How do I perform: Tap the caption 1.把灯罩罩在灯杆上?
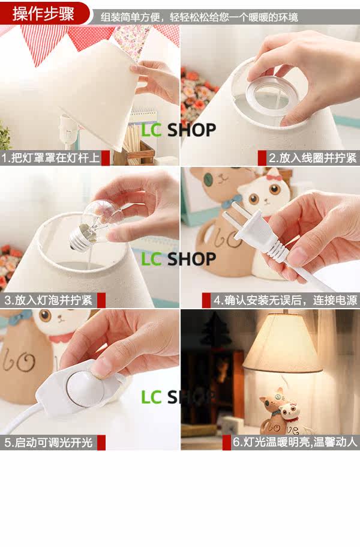pyautogui.click(x=50, y=157)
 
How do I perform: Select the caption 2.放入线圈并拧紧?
pyautogui.click(x=313, y=158)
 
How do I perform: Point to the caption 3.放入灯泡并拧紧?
pyautogui.click(x=49, y=300)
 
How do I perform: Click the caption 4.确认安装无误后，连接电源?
pyautogui.click(x=286, y=300)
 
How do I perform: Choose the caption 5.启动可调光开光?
pyautogui.click(x=49, y=443)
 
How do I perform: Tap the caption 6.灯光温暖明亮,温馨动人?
pyautogui.click(x=295, y=442)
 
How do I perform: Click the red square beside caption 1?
pyautogui.click(x=105, y=158)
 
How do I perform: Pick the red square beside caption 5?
pyautogui.click(x=101, y=443)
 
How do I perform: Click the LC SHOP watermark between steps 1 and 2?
pyautogui.click(x=178, y=130)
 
